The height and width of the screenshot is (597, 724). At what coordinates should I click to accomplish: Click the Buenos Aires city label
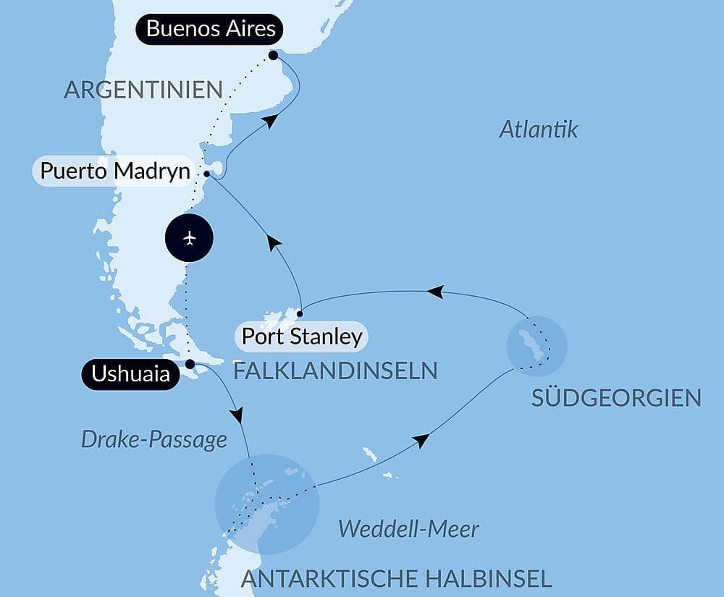click(211, 30)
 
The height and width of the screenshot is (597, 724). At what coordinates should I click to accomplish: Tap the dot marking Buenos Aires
click(273, 55)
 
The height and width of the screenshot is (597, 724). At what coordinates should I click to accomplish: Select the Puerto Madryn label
click(115, 172)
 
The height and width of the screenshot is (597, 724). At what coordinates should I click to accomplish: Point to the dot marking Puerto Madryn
click(207, 174)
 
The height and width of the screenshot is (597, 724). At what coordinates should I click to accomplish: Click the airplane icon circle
click(190, 237)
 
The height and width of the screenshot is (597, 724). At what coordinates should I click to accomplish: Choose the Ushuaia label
click(130, 374)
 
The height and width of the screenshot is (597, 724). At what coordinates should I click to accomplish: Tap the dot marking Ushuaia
click(190, 364)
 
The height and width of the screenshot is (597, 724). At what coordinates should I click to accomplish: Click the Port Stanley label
click(301, 336)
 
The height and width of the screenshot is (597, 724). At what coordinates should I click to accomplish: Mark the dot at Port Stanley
click(300, 313)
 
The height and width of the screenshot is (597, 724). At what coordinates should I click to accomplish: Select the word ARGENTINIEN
click(143, 90)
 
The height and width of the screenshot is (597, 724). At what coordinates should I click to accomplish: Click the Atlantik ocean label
click(539, 130)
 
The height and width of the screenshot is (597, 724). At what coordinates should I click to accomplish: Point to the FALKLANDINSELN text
click(335, 371)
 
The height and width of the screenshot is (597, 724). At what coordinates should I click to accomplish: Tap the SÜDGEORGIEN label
click(616, 398)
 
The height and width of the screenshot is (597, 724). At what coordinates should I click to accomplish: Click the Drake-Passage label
click(153, 439)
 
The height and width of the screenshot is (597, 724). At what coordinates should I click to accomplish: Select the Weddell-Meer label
click(408, 529)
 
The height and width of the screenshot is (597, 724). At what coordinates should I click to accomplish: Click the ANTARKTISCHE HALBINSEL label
click(396, 578)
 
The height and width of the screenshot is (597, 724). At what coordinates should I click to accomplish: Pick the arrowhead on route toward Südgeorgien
click(421, 441)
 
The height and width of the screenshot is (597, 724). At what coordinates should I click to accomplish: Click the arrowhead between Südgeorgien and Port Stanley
click(435, 292)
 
